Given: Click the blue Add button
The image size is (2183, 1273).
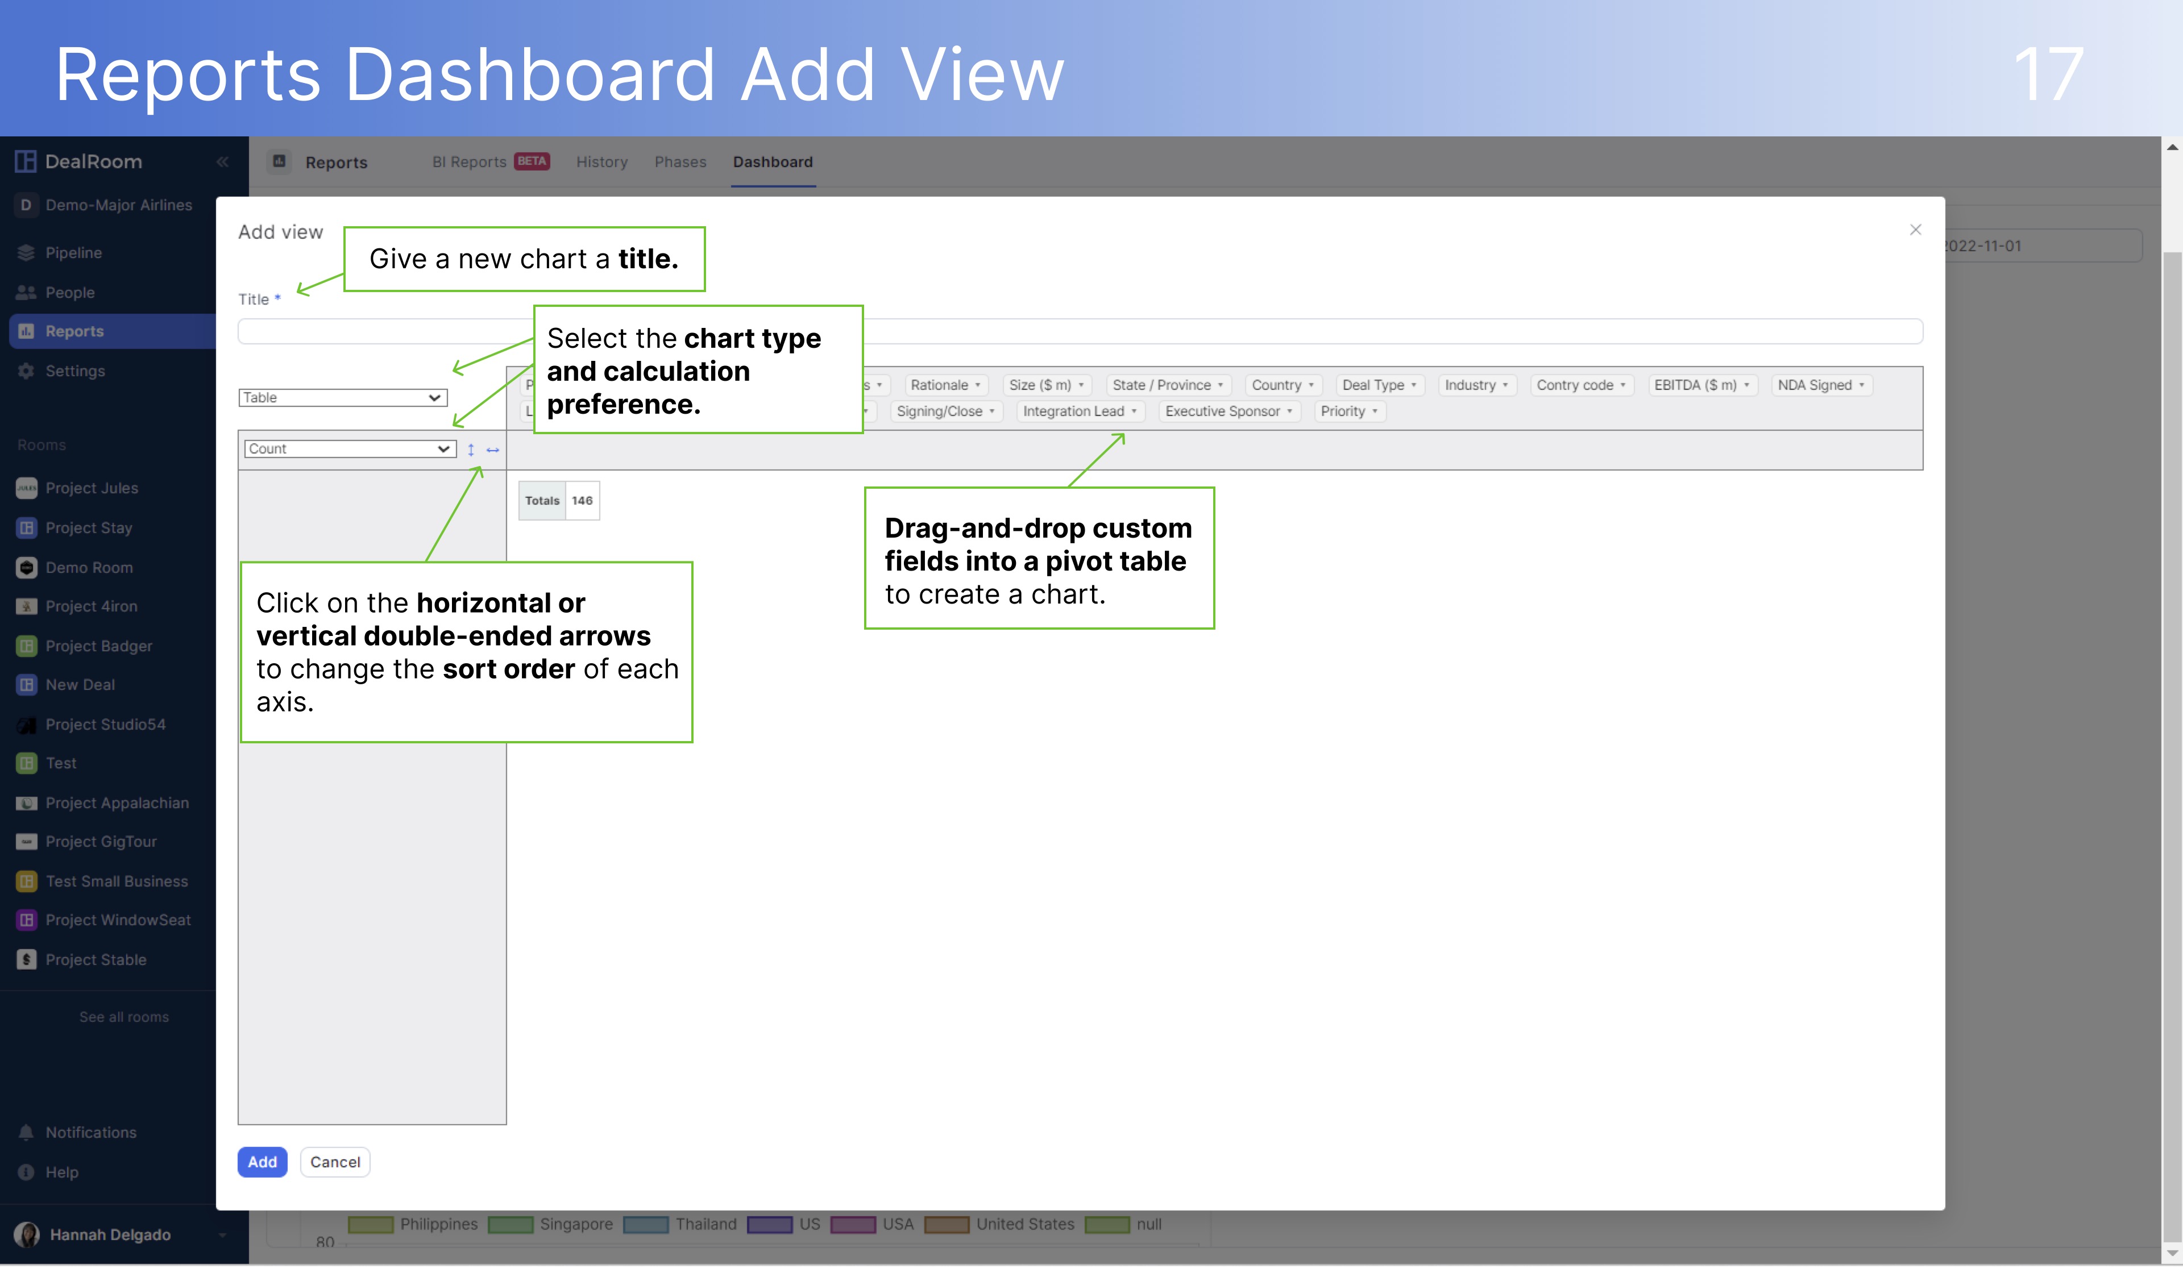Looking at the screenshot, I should pyautogui.click(x=262, y=1162).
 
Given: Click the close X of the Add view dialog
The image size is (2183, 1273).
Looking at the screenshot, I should pyautogui.click(x=1915, y=230).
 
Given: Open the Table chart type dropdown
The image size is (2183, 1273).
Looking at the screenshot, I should pyautogui.click(x=342, y=397).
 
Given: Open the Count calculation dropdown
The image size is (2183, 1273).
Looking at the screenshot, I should pyautogui.click(x=349, y=448).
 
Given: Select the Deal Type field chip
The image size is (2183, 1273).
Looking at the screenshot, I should pyautogui.click(x=1378, y=385).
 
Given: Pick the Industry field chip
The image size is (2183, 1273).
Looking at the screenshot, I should pyautogui.click(x=1475, y=385).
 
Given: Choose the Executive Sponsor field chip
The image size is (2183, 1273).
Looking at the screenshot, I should pyautogui.click(x=1227, y=411).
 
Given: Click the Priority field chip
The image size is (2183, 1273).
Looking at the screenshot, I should pyautogui.click(x=1348, y=411).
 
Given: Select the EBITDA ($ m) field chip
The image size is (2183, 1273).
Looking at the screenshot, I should pyautogui.click(x=1700, y=385).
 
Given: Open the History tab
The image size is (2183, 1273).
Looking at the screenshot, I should pyautogui.click(x=602, y=162).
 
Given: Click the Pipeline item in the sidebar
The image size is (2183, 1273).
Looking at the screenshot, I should pyautogui.click(x=74, y=253).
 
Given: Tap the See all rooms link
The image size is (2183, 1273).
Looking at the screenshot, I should pyautogui.click(x=124, y=1017).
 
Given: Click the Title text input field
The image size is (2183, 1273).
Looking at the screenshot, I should pyautogui.click(x=1080, y=332).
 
